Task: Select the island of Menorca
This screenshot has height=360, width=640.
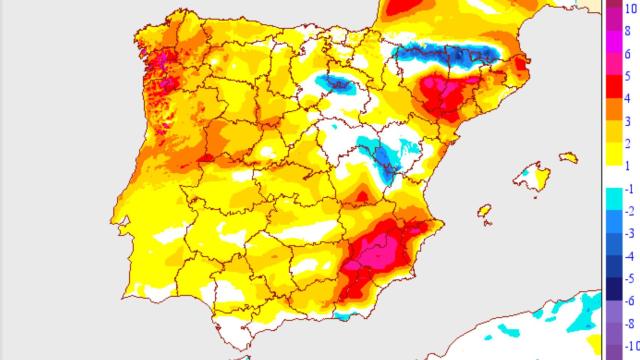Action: tap(569, 157)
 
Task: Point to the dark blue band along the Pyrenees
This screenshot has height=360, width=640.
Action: tap(445, 55)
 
